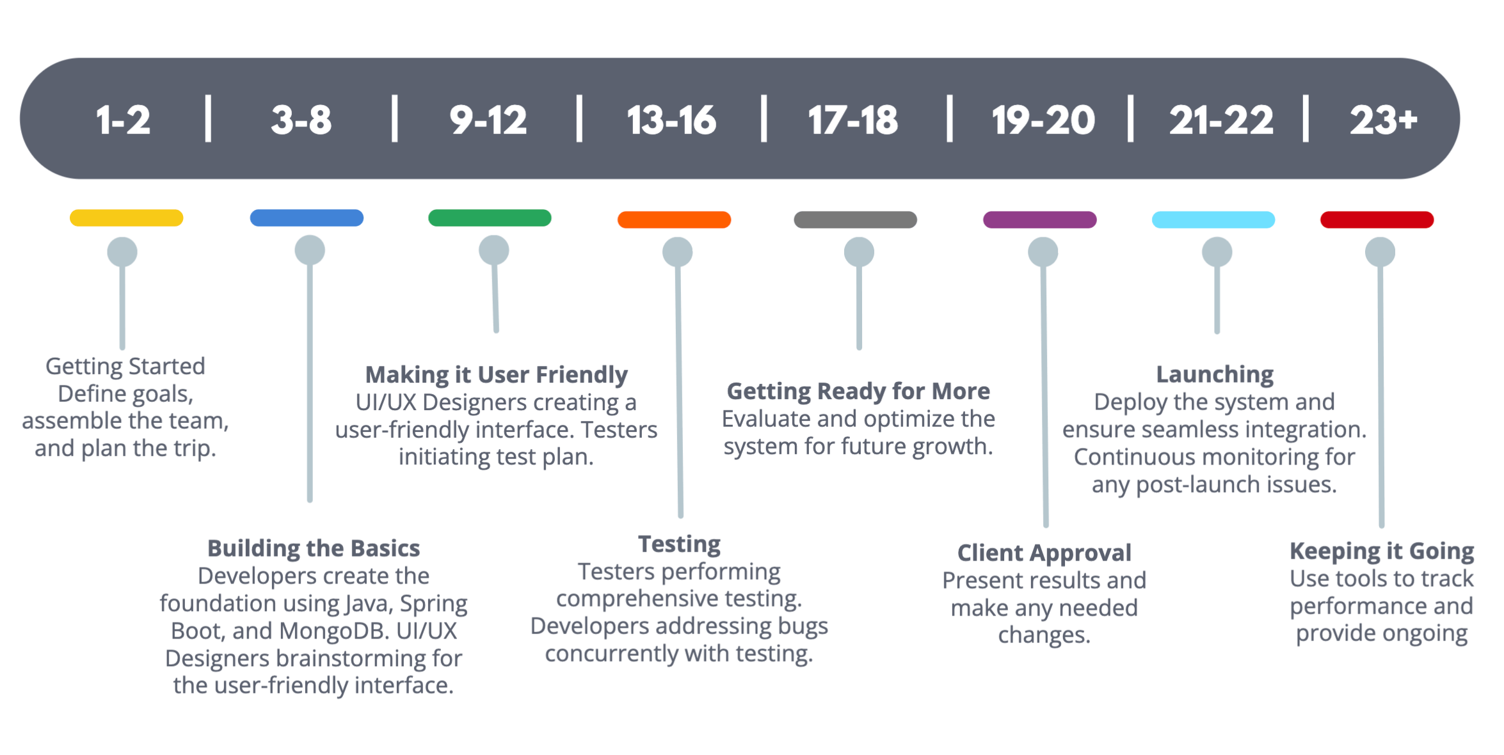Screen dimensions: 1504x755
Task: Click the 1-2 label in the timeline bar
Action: [x=123, y=120]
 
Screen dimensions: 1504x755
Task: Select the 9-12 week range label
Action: [x=488, y=120]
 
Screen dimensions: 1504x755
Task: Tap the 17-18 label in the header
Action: [x=853, y=120]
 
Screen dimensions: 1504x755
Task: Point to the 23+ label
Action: [x=1384, y=120]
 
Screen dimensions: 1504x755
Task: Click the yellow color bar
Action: [x=126, y=218]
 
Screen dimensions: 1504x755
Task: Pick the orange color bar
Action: [x=674, y=219]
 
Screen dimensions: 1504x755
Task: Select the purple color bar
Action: [x=1039, y=219]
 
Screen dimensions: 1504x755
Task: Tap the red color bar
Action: [x=1377, y=219]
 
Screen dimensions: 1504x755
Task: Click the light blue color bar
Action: [x=1213, y=219]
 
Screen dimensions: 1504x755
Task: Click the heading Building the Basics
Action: [x=314, y=548]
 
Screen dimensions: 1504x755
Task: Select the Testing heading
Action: [x=679, y=544]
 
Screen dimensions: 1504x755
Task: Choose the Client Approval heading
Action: [x=1044, y=553]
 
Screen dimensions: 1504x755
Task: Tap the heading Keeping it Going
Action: [x=1382, y=551]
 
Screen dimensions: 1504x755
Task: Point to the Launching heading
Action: [x=1214, y=374]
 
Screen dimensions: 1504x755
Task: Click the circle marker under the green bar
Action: [x=493, y=250]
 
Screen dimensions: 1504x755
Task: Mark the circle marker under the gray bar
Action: [x=859, y=252]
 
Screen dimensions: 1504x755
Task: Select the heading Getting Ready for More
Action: [x=858, y=391]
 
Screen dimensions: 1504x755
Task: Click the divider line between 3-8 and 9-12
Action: [x=395, y=118]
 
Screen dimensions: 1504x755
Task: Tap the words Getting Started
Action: [x=125, y=367]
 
